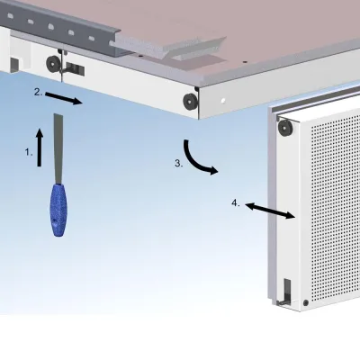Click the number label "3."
pyautogui.click(x=178, y=163)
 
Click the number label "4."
pyautogui.click(x=235, y=203)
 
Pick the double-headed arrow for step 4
pyautogui.click(x=270, y=209)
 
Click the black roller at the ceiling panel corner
pyautogui.click(x=191, y=99)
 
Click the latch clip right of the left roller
pyautogui.click(x=76, y=67)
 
